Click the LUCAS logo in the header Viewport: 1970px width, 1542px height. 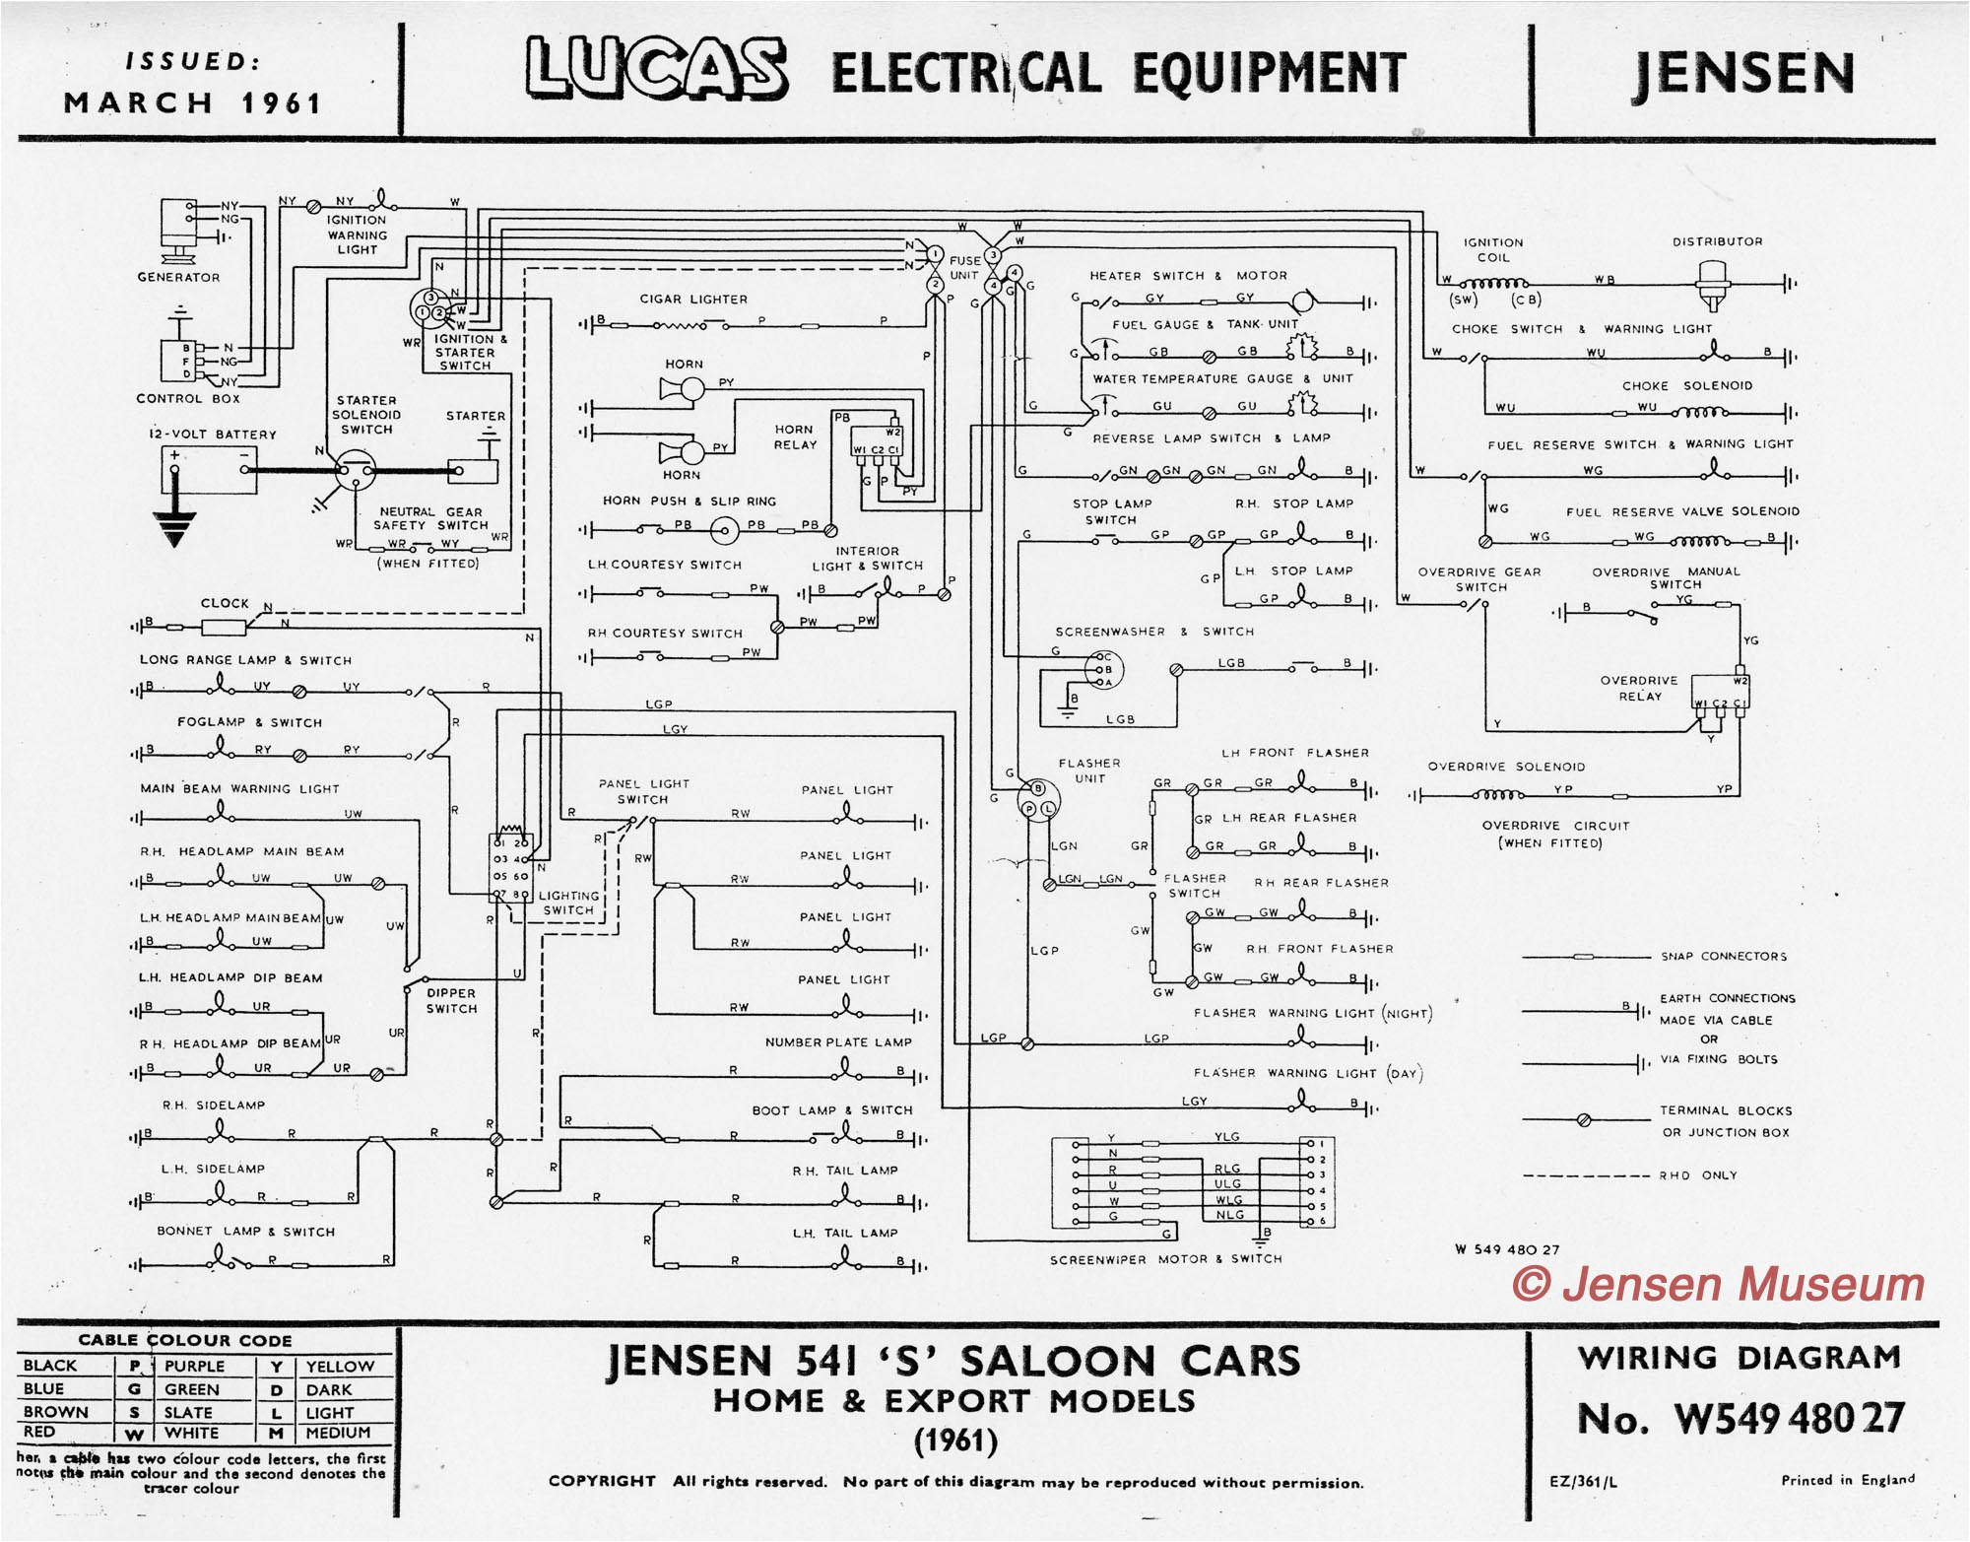pos(656,69)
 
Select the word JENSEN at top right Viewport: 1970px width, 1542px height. pos(1743,74)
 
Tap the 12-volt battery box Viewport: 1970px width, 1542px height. pos(209,469)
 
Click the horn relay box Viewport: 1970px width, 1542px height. pos(876,441)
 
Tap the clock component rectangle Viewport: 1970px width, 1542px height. pos(224,627)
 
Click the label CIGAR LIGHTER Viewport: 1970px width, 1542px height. pos(693,300)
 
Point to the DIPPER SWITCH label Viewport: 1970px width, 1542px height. pos(451,1001)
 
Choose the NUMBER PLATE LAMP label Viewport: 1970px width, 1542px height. pos(838,1042)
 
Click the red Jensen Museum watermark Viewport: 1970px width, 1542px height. pos(1718,1285)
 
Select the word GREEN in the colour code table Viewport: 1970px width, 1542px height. pos(191,1389)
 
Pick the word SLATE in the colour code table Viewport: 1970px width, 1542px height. pos(188,1412)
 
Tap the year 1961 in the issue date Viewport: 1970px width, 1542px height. pos(282,103)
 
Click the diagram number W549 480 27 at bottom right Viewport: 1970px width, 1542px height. pos(1740,1419)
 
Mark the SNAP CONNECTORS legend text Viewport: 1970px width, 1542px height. pos(1723,957)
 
